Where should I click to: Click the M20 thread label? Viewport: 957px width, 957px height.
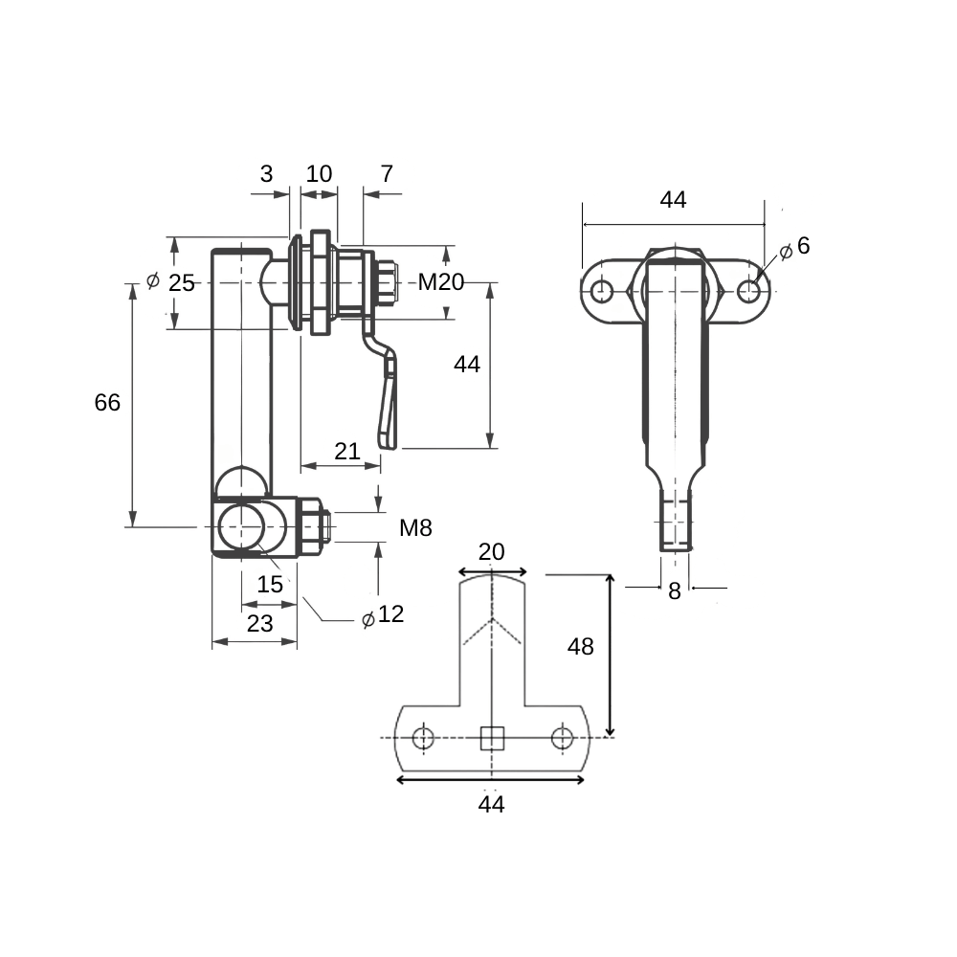click(x=440, y=282)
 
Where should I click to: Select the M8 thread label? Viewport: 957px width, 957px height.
click(x=415, y=528)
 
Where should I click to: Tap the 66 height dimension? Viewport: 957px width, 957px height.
click(x=107, y=403)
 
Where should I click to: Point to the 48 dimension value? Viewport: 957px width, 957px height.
click(x=581, y=646)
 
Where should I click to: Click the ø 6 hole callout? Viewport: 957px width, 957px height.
click(x=795, y=247)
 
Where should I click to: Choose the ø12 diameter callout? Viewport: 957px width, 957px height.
click(x=383, y=615)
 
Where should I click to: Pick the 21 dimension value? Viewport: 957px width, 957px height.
click(x=347, y=452)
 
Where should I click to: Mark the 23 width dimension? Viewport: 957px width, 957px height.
click(x=260, y=624)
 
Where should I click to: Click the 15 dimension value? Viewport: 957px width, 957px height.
click(x=270, y=585)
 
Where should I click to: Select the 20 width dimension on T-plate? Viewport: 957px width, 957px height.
click(x=491, y=552)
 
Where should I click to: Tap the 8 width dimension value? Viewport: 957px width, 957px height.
click(x=675, y=590)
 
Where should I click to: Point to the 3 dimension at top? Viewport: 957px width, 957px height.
click(x=266, y=174)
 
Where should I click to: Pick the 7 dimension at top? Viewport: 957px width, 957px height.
click(x=387, y=174)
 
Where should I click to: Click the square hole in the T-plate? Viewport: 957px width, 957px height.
click(x=492, y=738)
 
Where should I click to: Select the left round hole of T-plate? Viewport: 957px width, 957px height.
click(x=423, y=738)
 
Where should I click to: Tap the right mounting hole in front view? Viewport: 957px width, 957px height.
click(x=749, y=291)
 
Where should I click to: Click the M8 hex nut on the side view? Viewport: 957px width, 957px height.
click(x=310, y=526)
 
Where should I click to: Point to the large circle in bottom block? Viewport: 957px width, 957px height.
click(x=242, y=526)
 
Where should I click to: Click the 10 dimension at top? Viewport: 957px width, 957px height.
click(x=319, y=174)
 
